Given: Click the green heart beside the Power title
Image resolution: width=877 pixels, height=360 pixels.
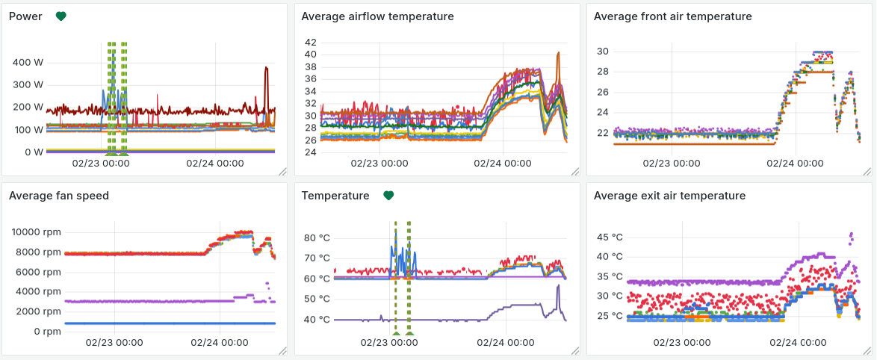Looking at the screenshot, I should coord(61,16).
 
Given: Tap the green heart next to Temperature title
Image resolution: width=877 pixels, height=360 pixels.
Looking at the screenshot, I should coord(388,195).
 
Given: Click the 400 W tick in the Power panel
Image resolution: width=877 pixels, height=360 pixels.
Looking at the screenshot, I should coord(28,62).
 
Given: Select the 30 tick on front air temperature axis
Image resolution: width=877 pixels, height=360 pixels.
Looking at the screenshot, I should coord(602,52).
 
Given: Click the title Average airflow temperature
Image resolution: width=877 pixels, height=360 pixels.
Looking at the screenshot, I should coord(377,16).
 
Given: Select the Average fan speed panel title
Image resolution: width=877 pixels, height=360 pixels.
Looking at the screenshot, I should coord(59,196).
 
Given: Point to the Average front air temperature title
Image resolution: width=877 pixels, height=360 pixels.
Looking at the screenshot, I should coord(672,16).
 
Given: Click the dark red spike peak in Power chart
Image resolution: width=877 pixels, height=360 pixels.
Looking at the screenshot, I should coord(266,68).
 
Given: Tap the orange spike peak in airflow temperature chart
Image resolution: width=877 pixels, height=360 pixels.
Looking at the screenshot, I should coord(557,53).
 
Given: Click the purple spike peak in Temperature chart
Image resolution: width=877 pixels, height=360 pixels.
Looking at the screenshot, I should coord(558,285).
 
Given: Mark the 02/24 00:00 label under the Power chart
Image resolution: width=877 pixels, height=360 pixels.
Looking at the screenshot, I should coord(215,163).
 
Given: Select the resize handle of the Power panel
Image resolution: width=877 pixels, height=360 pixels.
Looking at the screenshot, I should coord(282,171).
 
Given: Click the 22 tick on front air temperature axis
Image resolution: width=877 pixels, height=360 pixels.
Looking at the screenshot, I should coord(602,133).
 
